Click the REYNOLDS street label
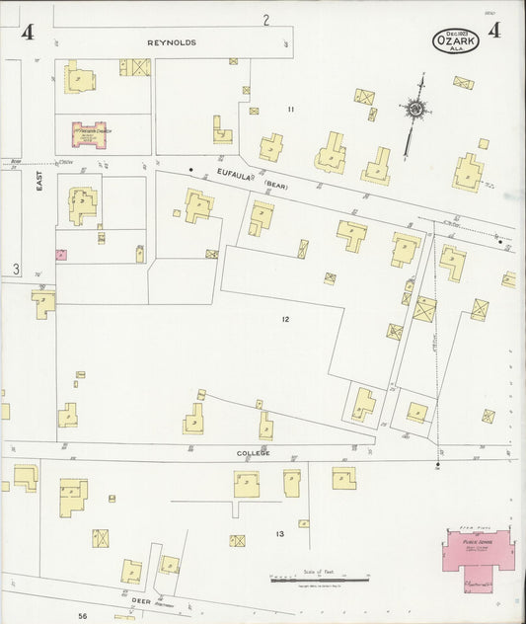point(173,43)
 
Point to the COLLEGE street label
point(252,453)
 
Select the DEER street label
point(140,599)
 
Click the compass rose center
point(416,108)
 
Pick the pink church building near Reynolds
point(87,131)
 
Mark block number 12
point(284,319)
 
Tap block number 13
point(279,534)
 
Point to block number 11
point(291,108)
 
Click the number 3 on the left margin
point(15,269)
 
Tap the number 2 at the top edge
point(265,20)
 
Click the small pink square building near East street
point(61,254)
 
